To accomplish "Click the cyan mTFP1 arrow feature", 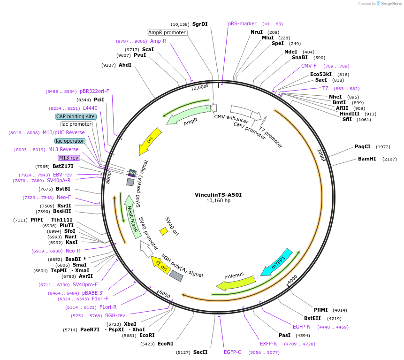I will click(x=277, y=262).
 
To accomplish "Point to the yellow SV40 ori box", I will click(x=164, y=231).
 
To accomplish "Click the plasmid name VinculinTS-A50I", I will click(x=218, y=195).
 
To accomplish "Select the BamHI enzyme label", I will click(x=367, y=159).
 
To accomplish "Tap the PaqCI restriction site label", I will click(x=362, y=147).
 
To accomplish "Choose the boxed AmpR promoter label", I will click(x=167, y=33).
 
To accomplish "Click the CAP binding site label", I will click(x=76, y=116).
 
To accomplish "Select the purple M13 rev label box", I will click(x=69, y=158).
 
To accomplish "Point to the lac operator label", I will click(x=70, y=141).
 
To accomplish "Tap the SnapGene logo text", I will click(x=391, y=4).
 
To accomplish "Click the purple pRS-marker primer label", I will click(x=242, y=23).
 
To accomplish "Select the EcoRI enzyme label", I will click(x=147, y=336).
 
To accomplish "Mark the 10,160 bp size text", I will click(x=218, y=201).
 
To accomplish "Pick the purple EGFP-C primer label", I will click(x=232, y=352).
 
